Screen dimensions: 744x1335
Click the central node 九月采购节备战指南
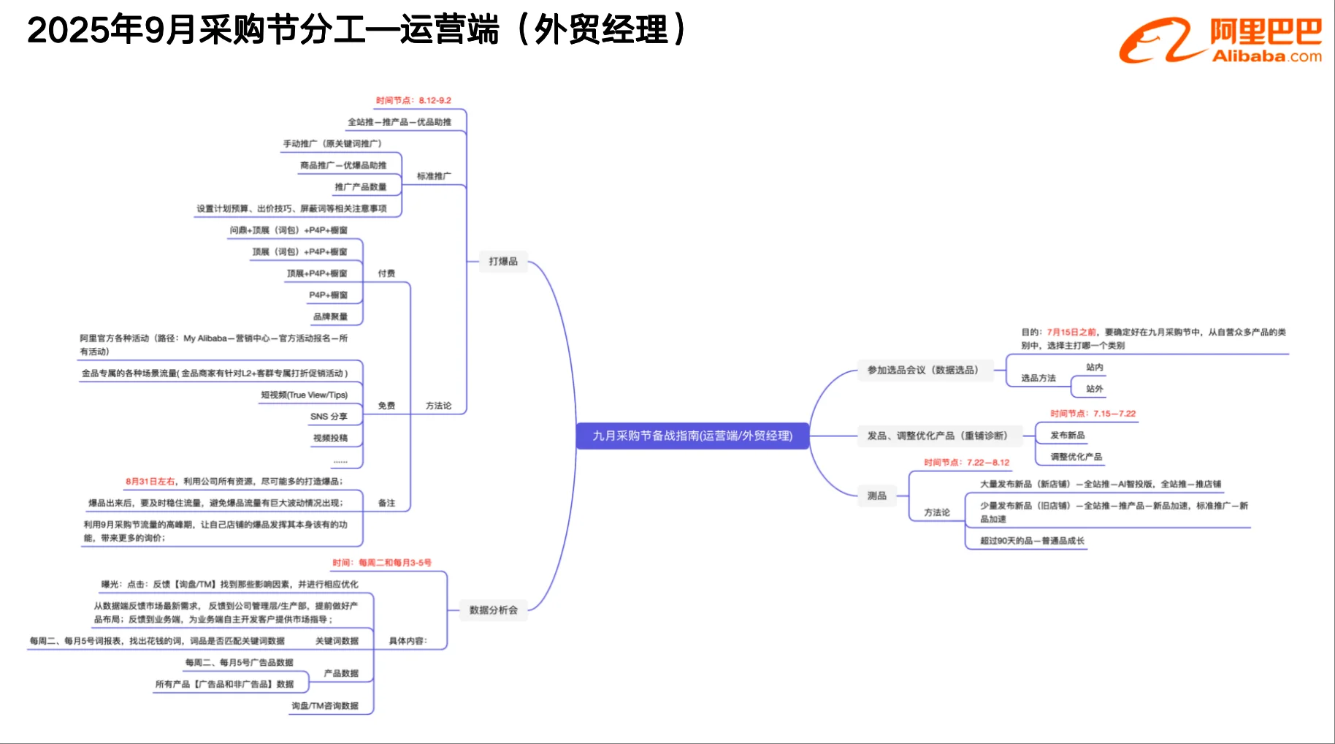[x=692, y=436]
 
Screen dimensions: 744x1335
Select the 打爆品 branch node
[x=503, y=261]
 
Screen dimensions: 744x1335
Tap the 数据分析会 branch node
[x=494, y=610]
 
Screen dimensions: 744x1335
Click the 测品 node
[x=877, y=496]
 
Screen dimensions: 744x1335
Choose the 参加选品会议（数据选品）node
[x=922, y=370]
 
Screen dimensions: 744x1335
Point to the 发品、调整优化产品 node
[x=937, y=436]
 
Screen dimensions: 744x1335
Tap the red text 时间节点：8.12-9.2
[x=413, y=100]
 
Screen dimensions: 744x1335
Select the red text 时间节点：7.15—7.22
[x=1093, y=414]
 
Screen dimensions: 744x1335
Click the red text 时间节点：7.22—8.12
[x=966, y=463]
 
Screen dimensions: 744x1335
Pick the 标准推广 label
[x=434, y=176]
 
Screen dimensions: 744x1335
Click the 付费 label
[x=386, y=273]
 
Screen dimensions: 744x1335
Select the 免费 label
[x=386, y=406]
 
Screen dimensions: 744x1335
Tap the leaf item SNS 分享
[x=329, y=417]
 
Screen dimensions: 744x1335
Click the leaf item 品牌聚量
[x=330, y=316]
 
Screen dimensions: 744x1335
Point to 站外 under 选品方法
[x=1094, y=389]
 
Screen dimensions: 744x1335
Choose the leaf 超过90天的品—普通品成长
[x=1032, y=541]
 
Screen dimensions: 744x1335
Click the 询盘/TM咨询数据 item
[x=325, y=706]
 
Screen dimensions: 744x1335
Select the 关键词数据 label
[x=337, y=641]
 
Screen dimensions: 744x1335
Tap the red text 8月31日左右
[x=150, y=482]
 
